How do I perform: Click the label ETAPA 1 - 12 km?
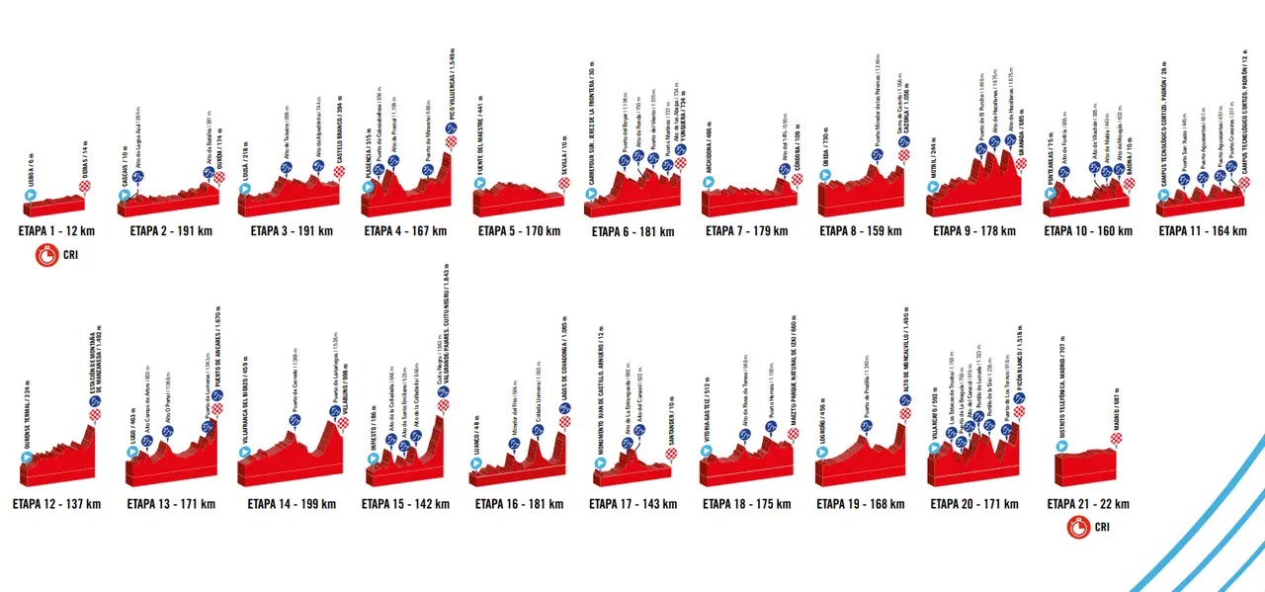56,231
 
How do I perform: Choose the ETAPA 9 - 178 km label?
974,231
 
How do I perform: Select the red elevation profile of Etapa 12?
59,465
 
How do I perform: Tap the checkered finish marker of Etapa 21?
1117,439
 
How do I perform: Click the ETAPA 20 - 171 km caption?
973,504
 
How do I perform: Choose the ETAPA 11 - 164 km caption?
1203,231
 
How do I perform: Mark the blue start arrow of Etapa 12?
27,458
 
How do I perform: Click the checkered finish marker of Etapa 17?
672,455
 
